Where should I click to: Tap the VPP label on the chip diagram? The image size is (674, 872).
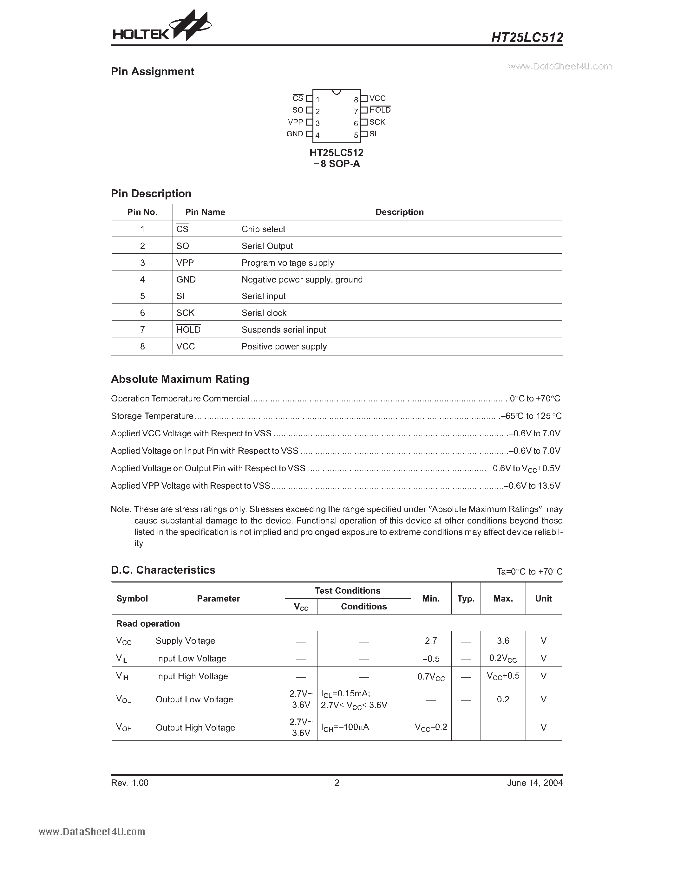(296, 122)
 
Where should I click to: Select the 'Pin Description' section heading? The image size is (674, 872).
(151, 194)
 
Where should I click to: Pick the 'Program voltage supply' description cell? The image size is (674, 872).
(287, 263)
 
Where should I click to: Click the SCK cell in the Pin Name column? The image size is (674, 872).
(185, 313)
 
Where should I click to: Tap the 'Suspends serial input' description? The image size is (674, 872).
(284, 330)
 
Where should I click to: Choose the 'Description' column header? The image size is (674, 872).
(399, 212)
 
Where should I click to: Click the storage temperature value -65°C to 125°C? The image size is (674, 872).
(532, 416)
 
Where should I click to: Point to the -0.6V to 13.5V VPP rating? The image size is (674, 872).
(532, 486)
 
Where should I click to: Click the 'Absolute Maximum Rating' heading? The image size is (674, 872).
(180, 379)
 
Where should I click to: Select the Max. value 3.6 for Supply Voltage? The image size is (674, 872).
(503, 641)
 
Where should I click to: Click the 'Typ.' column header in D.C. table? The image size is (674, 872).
(466, 598)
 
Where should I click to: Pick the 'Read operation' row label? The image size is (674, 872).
(148, 624)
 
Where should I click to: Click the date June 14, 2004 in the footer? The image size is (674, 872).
(535, 783)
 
